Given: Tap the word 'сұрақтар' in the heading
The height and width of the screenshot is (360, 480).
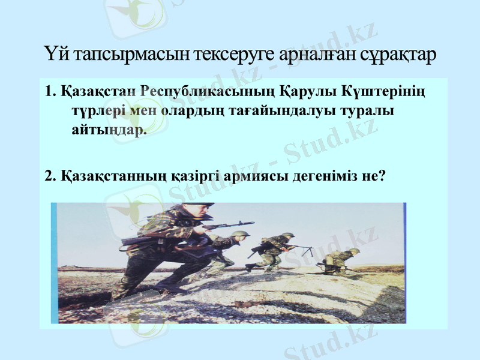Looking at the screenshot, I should [398, 55].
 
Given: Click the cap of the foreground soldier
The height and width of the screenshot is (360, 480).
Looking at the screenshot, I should [199, 207].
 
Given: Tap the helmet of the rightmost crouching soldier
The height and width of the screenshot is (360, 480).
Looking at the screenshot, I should [354, 250].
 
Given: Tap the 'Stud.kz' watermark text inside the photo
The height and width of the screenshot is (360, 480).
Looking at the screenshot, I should [312, 252].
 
